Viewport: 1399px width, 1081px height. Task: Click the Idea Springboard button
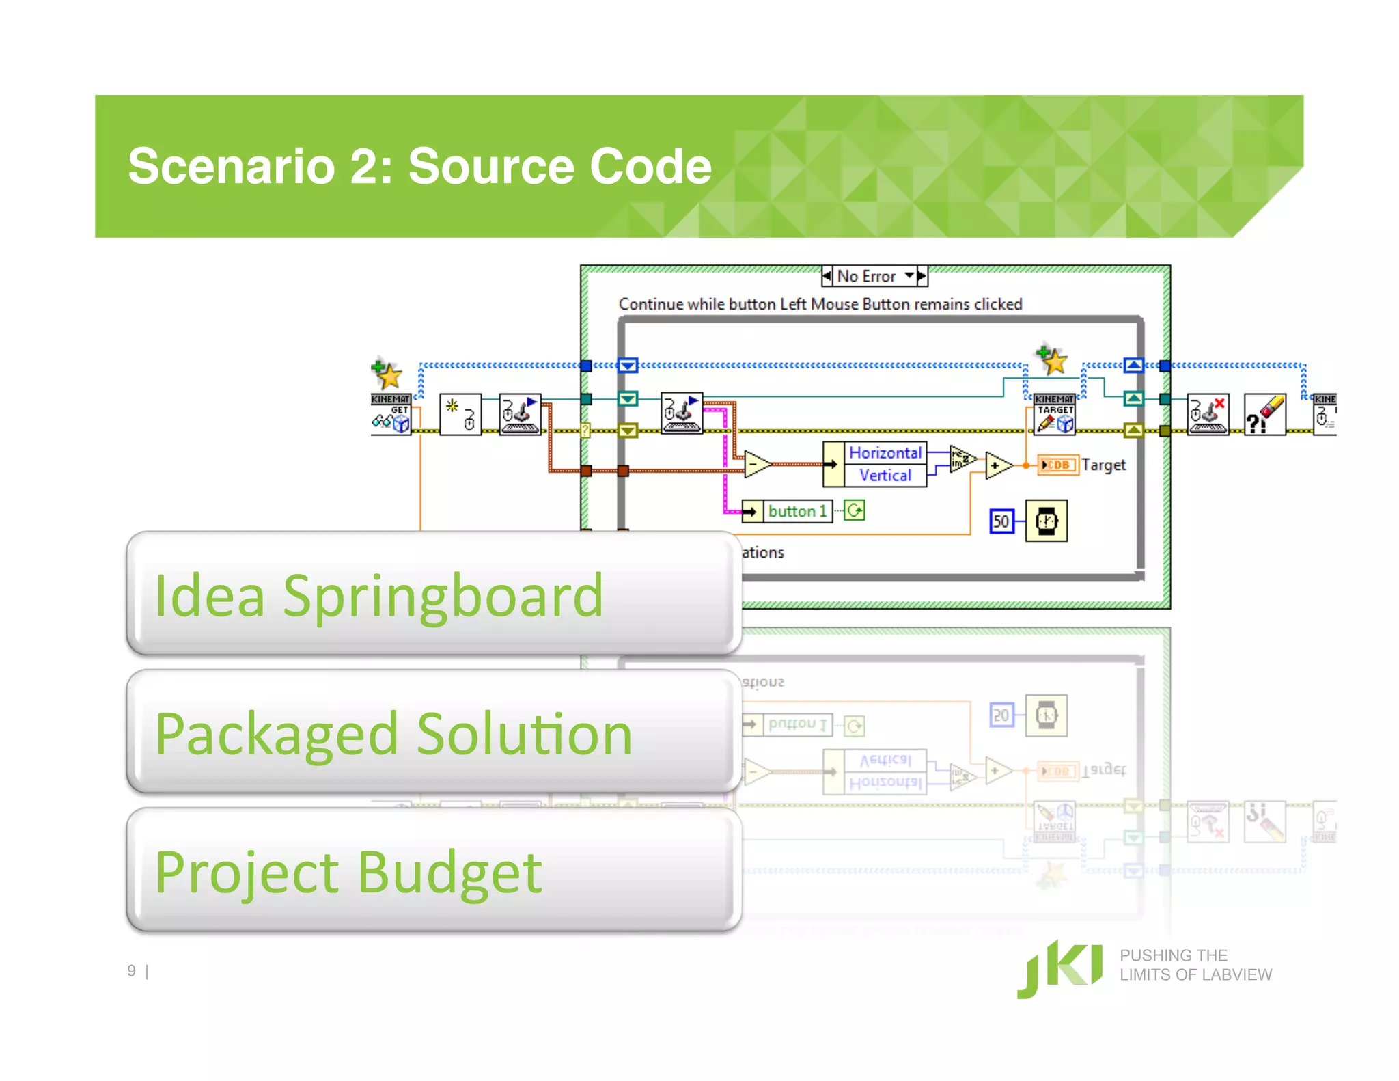click(x=434, y=593)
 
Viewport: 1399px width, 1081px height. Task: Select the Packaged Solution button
click(x=434, y=732)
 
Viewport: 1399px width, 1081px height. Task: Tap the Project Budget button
click(x=434, y=870)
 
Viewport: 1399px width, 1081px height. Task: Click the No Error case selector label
click(x=866, y=276)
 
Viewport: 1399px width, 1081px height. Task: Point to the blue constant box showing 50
click(x=1001, y=521)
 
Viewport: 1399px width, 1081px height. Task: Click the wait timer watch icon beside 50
click(x=1047, y=521)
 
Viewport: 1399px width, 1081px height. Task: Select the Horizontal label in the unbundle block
click(x=885, y=452)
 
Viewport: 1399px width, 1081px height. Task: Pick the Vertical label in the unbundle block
click(x=885, y=476)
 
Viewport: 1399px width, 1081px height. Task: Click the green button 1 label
click(x=797, y=511)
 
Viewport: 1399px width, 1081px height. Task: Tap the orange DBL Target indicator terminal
click(x=1057, y=465)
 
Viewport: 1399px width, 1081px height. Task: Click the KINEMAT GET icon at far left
click(x=391, y=413)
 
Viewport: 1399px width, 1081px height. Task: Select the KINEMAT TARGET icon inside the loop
click(x=1055, y=414)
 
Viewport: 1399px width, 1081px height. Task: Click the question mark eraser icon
click(x=1264, y=414)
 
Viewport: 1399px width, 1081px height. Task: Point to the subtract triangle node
click(x=756, y=464)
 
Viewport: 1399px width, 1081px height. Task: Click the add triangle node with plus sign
click(x=997, y=465)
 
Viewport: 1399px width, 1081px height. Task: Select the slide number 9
click(x=131, y=971)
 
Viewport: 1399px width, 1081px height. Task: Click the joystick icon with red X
click(x=1208, y=414)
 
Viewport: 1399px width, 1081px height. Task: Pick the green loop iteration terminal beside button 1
click(x=855, y=510)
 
